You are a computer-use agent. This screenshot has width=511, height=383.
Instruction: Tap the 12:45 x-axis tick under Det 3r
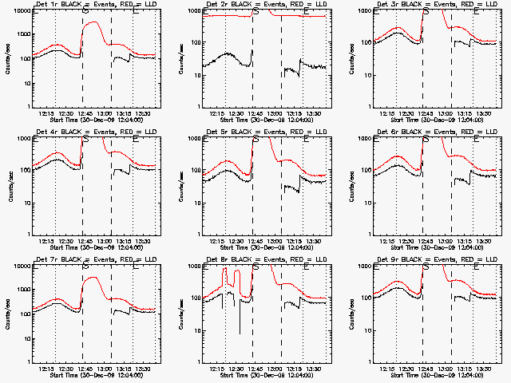(423, 113)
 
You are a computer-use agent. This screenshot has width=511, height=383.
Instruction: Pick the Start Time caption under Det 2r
(257, 120)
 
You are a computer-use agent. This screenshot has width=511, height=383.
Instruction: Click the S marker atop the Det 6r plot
(426, 140)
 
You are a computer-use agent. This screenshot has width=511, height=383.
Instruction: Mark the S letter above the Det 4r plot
(85, 140)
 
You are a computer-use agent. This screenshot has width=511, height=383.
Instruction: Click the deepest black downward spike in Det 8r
(240, 333)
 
